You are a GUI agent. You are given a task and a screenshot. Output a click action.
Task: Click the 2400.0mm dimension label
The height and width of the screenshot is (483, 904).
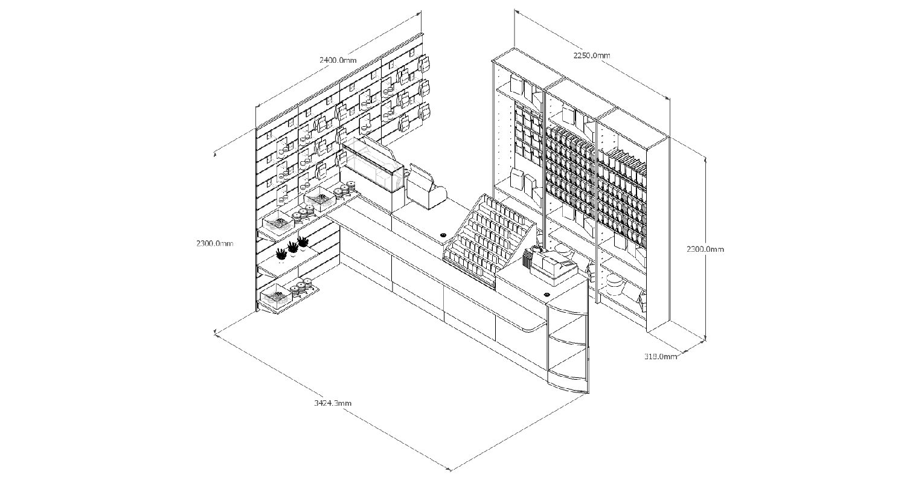(338, 60)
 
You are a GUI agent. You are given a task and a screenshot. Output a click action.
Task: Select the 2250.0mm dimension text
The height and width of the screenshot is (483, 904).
(591, 55)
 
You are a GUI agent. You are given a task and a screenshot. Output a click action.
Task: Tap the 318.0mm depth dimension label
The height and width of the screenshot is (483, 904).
(660, 356)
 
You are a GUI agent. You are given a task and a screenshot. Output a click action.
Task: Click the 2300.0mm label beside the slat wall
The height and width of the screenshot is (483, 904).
(214, 243)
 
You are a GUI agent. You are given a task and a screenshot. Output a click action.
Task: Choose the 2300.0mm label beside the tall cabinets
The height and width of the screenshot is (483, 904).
(705, 249)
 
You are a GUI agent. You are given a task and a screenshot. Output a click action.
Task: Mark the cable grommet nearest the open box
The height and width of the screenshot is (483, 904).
(443, 234)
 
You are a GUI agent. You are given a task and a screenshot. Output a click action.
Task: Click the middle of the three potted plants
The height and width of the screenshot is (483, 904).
(293, 247)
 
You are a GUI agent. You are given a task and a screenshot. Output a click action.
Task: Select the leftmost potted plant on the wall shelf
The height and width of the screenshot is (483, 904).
(281, 254)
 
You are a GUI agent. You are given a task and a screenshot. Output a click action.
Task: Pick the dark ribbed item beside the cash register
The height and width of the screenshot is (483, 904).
(529, 261)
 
